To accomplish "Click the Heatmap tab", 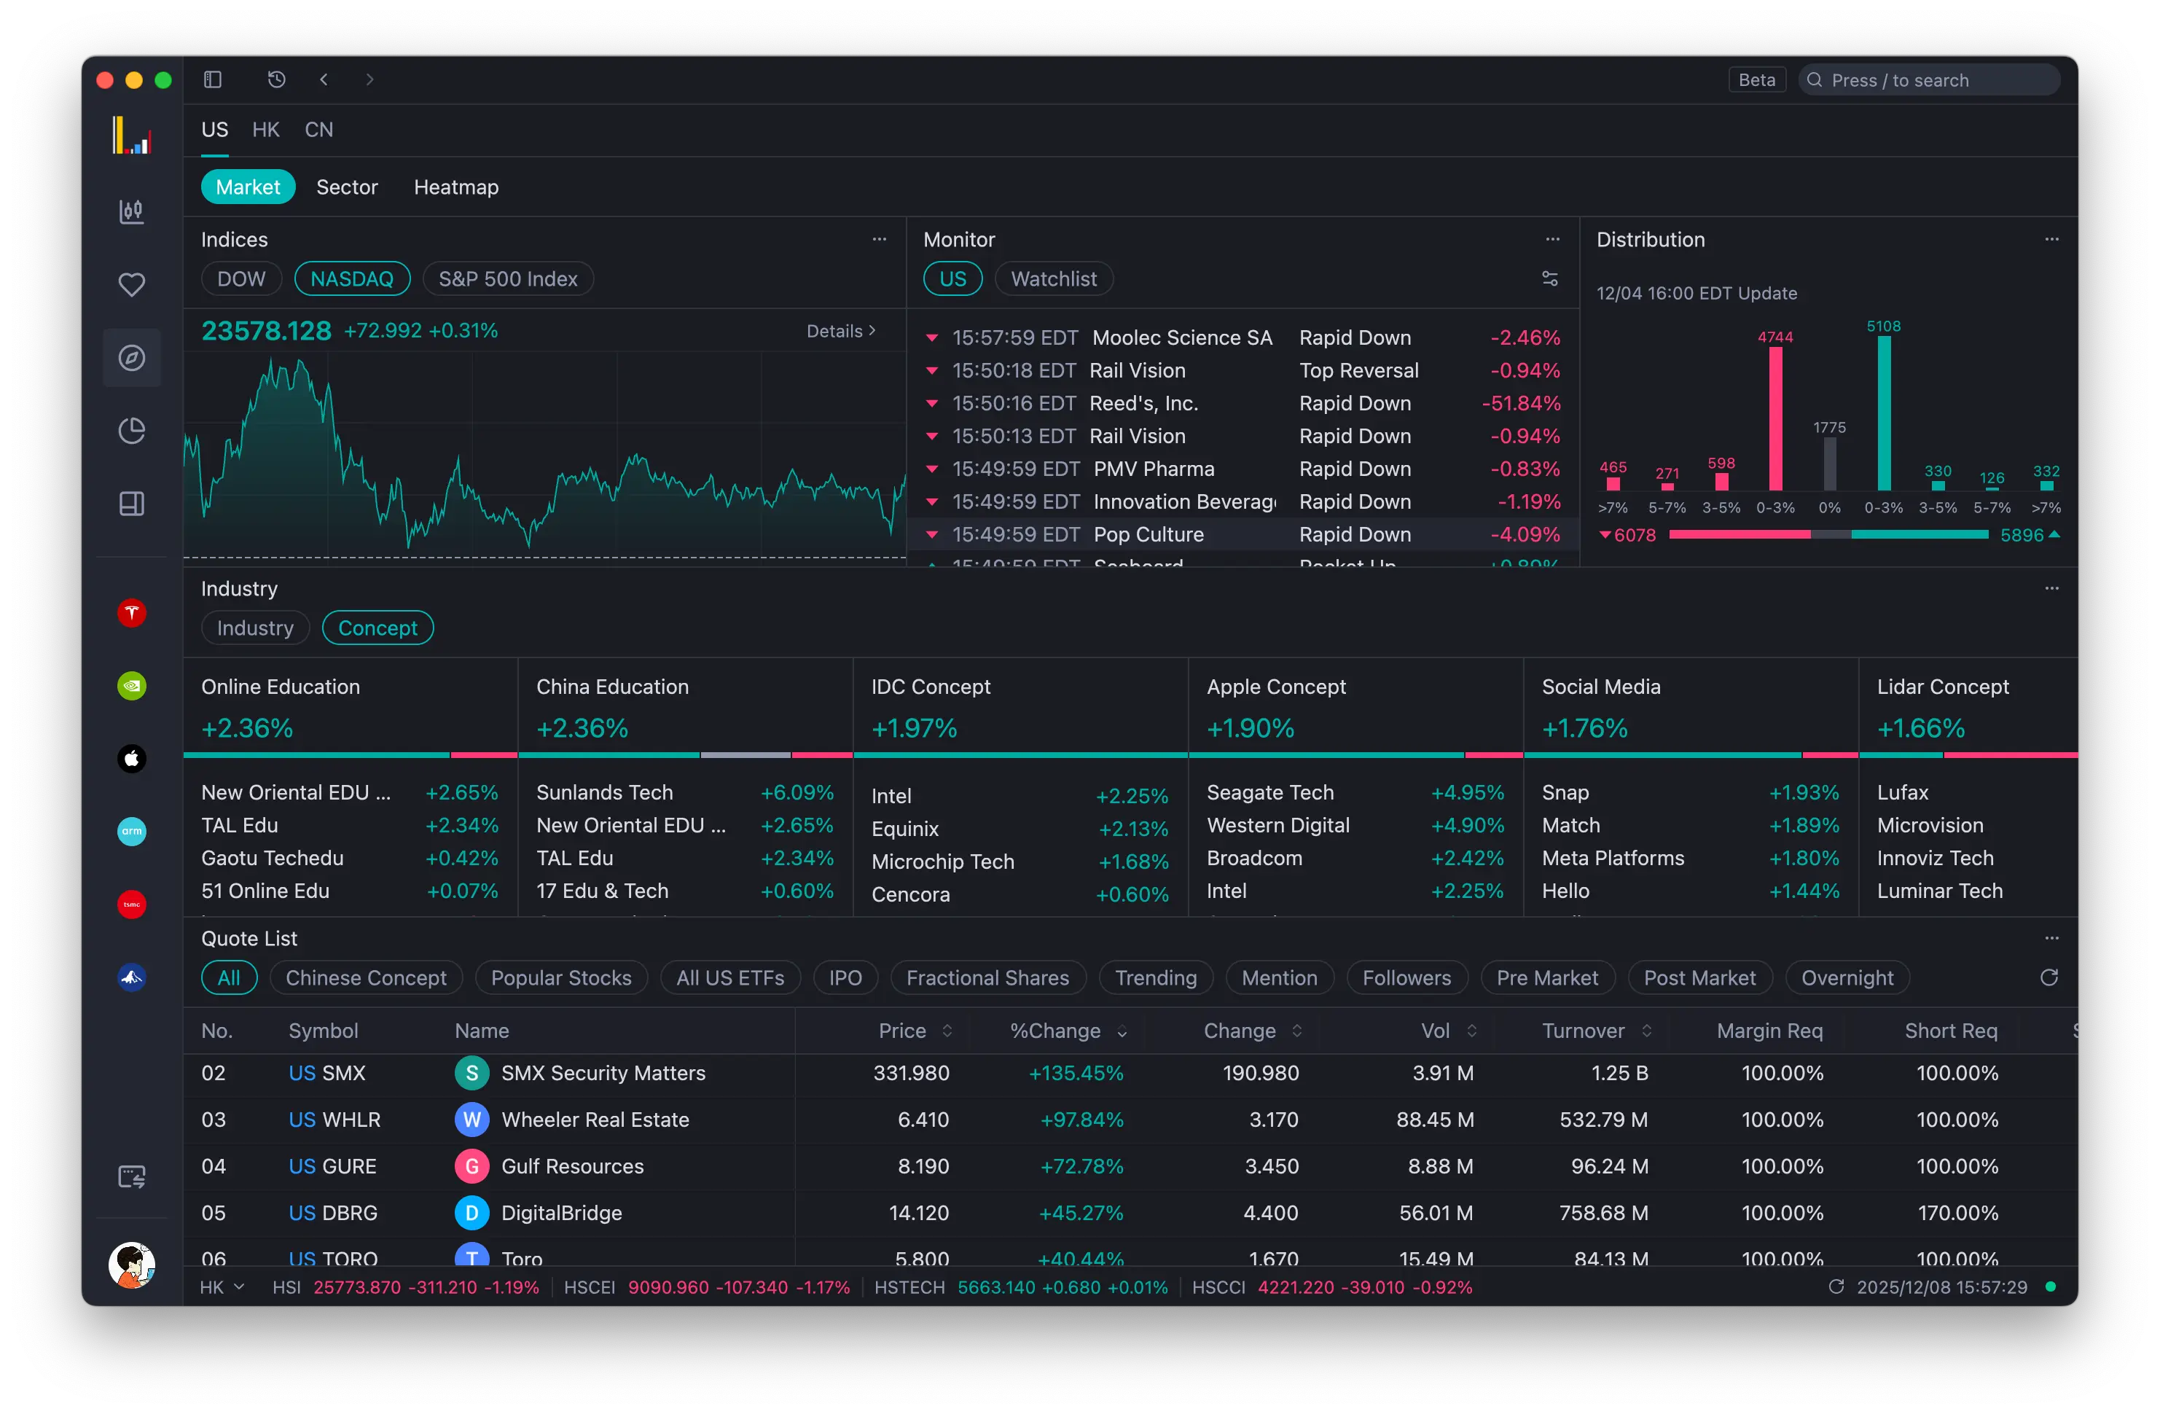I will pyautogui.click(x=455, y=187).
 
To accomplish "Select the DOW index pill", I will pyautogui.click(x=240, y=278).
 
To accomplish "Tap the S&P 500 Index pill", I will pyautogui.click(x=507, y=278).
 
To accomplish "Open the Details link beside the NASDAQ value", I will pyautogui.click(x=840, y=331).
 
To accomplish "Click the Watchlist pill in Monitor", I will pyautogui.click(x=1053, y=278).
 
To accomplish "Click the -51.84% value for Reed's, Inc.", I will pyautogui.click(x=1520, y=403).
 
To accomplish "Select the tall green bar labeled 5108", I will pyautogui.click(x=1883, y=413).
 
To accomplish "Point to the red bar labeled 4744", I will pyautogui.click(x=1774, y=418).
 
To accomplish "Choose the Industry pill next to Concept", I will pyautogui.click(x=255, y=628).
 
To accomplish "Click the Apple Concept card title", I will pyautogui.click(x=1275, y=687).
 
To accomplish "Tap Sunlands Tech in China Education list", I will pyautogui.click(x=604, y=792).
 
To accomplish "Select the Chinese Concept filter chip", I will pyautogui.click(x=366, y=977).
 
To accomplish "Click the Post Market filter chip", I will pyautogui.click(x=1699, y=977).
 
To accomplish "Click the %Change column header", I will pyautogui.click(x=1054, y=1031).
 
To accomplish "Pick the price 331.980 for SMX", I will pyautogui.click(x=910, y=1073).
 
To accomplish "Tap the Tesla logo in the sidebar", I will pyautogui.click(x=132, y=614).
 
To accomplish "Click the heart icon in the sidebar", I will pyautogui.click(x=132, y=285).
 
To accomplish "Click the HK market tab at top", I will pyautogui.click(x=265, y=130).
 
